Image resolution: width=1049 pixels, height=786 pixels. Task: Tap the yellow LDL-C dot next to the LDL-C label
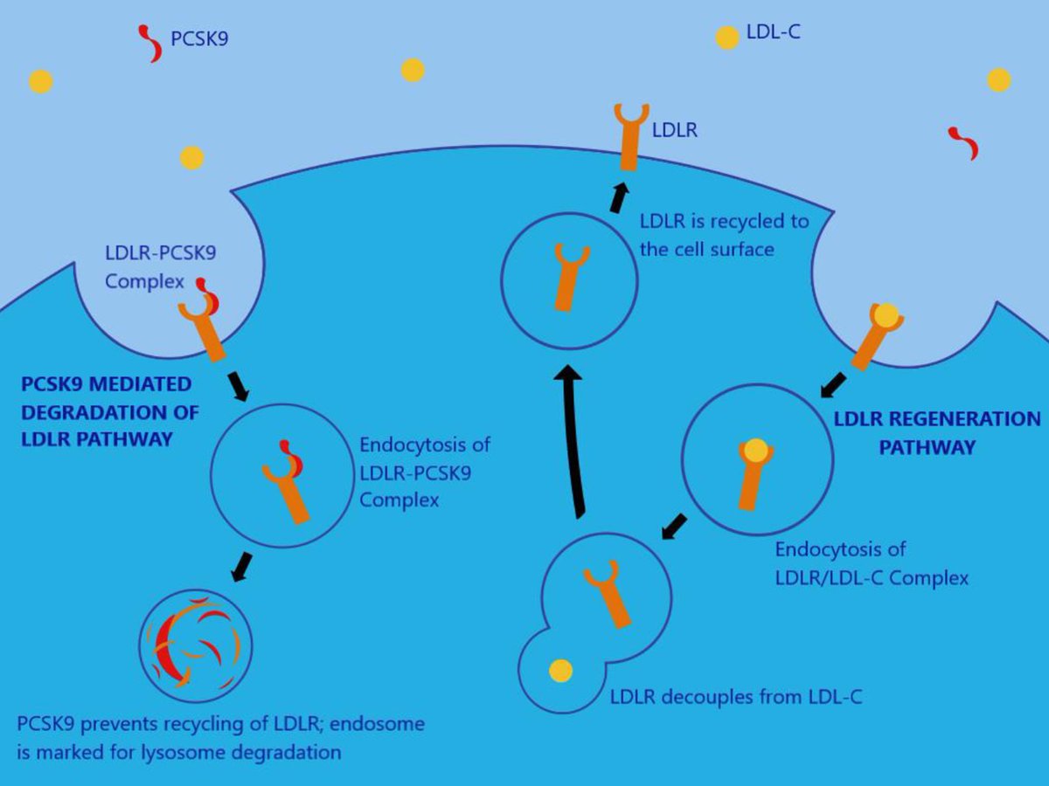coord(726,38)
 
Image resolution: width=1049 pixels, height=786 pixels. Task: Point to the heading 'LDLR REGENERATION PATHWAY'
coord(935,433)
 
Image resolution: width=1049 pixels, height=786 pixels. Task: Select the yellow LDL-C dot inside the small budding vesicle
coord(560,671)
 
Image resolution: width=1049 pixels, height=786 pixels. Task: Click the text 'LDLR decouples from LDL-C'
coord(736,697)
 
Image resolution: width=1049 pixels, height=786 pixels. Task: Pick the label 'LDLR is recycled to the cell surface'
coord(724,235)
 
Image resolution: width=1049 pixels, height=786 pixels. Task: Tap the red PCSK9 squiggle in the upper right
coord(963,143)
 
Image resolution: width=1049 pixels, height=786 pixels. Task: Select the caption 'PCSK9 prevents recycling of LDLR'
coord(221,725)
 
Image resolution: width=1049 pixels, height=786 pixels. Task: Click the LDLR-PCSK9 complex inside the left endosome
coord(288,481)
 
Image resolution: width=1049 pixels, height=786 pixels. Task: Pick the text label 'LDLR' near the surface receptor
coord(674,131)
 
